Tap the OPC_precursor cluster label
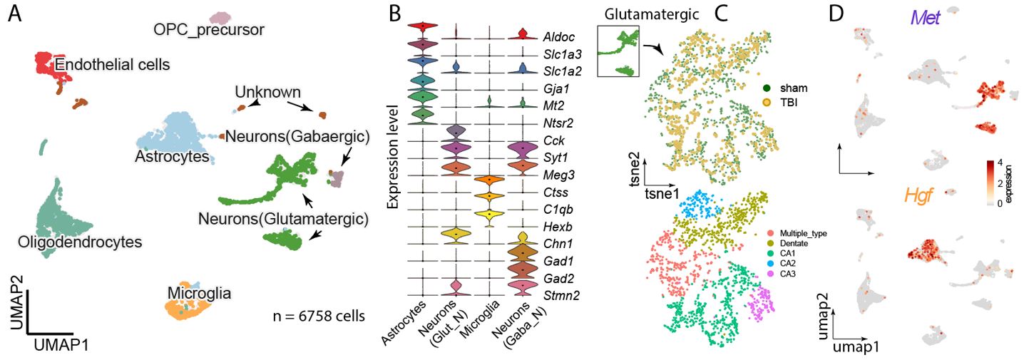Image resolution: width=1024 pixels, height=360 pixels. click(x=209, y=29)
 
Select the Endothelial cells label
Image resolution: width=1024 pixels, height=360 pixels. click(x=113, y=65)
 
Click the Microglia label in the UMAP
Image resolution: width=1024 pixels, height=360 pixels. click(x=199, y=292)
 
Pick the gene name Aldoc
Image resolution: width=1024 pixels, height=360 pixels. click(x=558, y=36)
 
